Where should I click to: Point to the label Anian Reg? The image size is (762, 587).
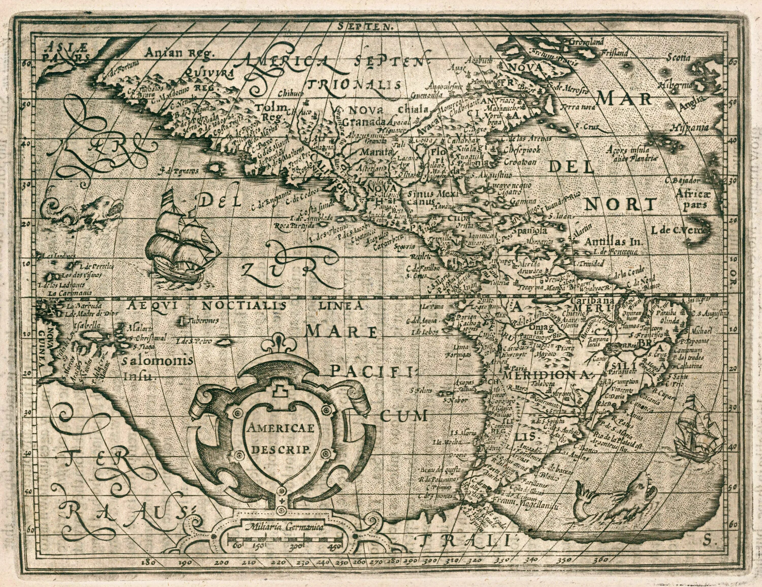[x=179, y=53]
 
